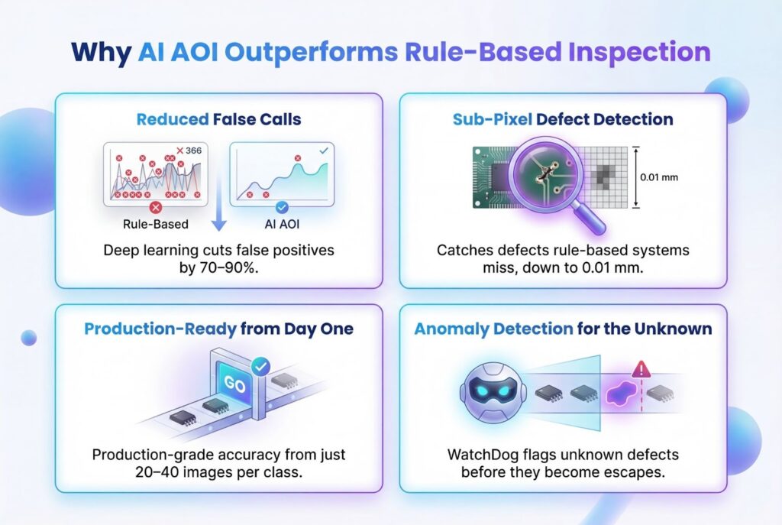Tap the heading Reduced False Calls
pos(219,119)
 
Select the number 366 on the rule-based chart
pos(193,151)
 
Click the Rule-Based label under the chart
pos(156,224)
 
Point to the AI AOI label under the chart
pos(282,224)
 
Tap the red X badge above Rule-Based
pos(156,207)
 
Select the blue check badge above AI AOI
pos(282,207)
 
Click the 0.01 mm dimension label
pos(659,177)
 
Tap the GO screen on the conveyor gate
pos(234,384)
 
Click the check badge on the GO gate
pos(260,367)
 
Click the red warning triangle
pos(641,370)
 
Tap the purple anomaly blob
pos(622,394)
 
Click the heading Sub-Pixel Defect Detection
pos(563,119)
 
